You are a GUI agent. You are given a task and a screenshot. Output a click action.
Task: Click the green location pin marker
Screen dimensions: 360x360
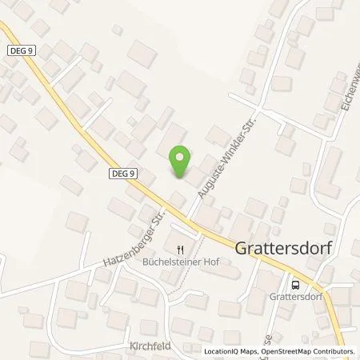[x=182, y=162]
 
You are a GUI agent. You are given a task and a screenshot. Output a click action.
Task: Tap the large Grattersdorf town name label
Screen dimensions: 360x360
[x=284, y=248]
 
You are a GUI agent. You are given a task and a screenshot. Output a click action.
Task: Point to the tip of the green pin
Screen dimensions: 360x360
[x=182, y=178]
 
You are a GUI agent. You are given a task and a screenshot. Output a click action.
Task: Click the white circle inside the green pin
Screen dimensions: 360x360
[x=182, y=157]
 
